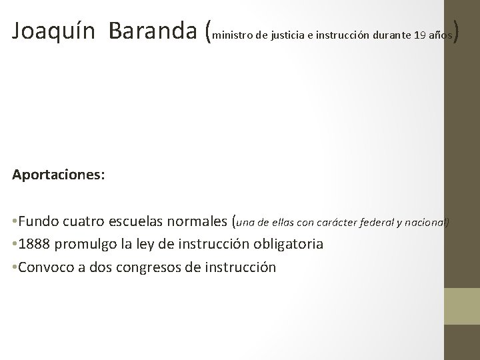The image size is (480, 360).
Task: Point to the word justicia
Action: [x=289, y=35]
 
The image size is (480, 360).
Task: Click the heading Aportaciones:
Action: [x=57, y=175]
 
